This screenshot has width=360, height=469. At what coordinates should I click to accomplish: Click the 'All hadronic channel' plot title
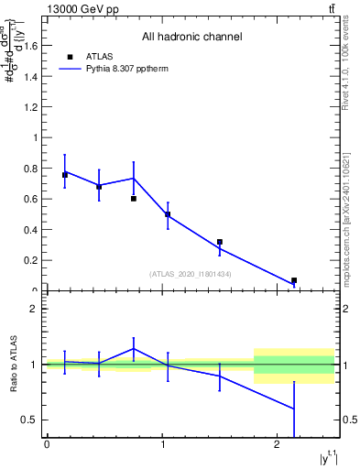point(191,38)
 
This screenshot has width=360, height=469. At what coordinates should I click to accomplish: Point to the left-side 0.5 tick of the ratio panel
point(30,420)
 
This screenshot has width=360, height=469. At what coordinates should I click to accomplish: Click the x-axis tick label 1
point(162,445)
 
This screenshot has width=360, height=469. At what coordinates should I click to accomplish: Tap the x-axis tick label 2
point(278,445)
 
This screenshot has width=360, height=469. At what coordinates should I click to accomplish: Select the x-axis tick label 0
point(47,445)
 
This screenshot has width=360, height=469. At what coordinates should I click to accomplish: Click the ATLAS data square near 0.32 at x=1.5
point(220,242)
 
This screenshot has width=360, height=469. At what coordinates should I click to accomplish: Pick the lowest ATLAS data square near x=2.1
point(294,280)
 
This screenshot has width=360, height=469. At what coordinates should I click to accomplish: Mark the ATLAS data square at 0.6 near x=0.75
point(134,198)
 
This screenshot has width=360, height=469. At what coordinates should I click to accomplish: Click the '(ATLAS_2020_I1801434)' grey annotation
point(190,274)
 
